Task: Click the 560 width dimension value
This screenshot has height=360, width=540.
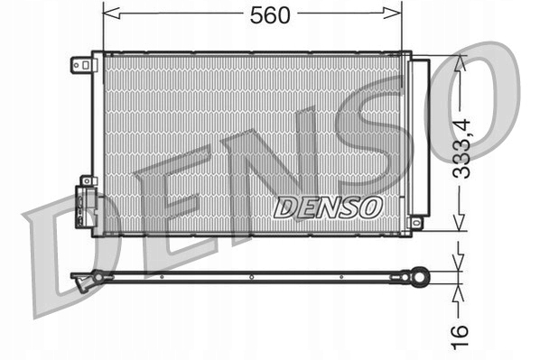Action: click(254, 14)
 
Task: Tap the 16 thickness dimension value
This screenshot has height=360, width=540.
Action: click(461, 331)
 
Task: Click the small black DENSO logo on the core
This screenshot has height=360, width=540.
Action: click(328, 208)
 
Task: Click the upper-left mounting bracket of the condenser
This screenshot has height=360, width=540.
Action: click(82, 65)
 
